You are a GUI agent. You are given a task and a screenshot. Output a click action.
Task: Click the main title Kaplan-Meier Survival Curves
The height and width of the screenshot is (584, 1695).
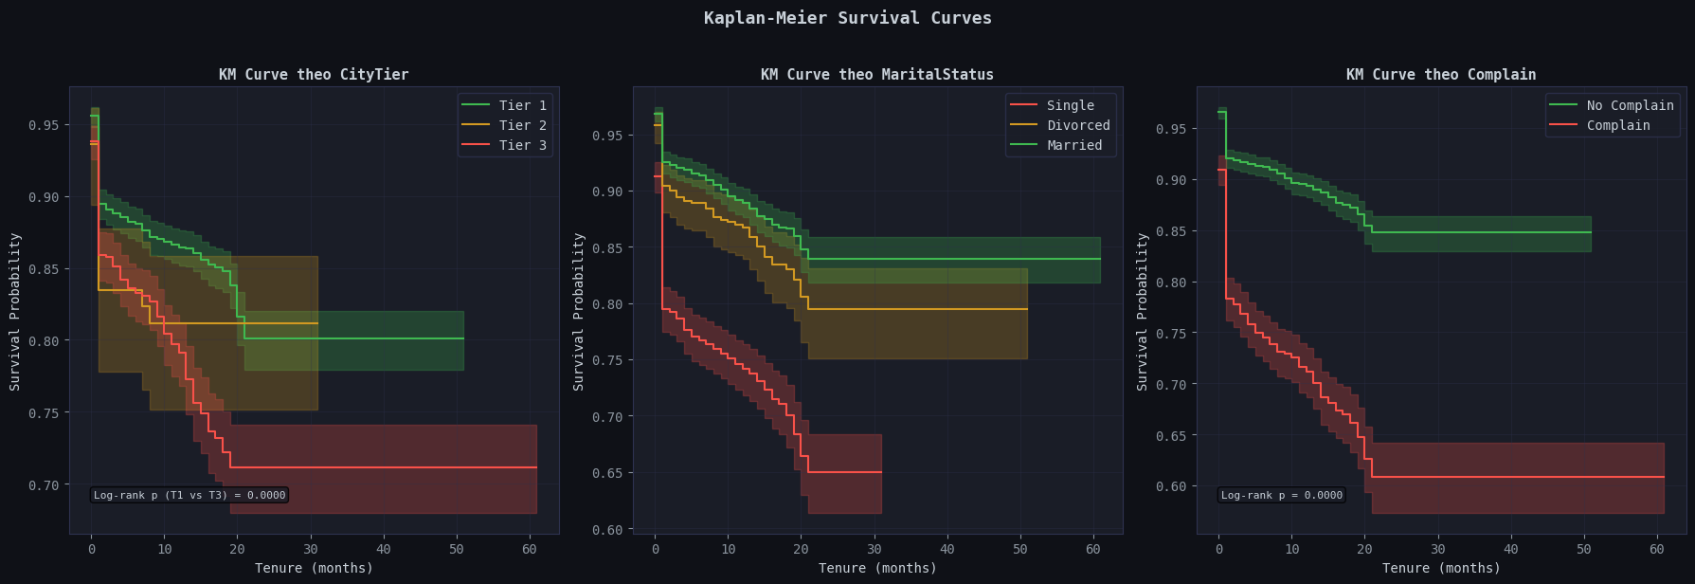pyautogui.click(x=847, y=18)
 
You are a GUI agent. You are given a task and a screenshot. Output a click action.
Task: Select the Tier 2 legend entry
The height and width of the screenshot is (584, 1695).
pyautogui.click(x=522, y=125)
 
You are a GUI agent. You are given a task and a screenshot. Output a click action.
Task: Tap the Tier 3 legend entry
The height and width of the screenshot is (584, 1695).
pyautogui.click(x=522, y=145)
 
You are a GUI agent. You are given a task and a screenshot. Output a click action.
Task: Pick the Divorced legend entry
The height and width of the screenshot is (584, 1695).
pyautogui.click(x=1078, y=125)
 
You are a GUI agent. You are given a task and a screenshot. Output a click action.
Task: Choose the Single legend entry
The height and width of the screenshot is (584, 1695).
pyautogui.click(x=1070, y=105)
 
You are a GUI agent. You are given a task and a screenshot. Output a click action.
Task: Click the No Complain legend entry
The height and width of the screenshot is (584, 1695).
pyautogui.click(x=1630, y=105)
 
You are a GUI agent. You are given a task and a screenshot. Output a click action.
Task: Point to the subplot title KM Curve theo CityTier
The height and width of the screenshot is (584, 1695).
pyautogui.click(x=314, y=75)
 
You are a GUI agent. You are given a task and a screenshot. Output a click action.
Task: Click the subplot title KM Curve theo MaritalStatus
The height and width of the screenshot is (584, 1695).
pyautogui.click(x=877, y=75)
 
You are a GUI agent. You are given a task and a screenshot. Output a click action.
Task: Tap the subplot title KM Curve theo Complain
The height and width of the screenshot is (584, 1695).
pyautogui.click(x=1441, y=75)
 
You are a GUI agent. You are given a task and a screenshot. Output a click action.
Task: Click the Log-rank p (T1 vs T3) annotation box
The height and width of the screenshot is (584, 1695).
pyautogui.click(x=189, y=495)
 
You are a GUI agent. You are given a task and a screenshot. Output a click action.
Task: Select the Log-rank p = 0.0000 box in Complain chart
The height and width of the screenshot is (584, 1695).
pyautogui.click(x=1281, y=495)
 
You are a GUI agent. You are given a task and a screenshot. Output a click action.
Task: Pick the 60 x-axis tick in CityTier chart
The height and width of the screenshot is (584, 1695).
pyautogui.click(x=531, y=549)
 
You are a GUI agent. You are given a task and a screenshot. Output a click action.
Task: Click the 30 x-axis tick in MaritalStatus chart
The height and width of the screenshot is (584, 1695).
pyautogui.click(x=875, y=549)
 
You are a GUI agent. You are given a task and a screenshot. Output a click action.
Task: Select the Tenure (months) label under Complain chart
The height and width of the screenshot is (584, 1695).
pyautogui.click(x=1441, y=568)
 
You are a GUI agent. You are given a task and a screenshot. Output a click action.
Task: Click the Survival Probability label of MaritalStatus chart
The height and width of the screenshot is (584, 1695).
pyautogui.click(x=579, y=311)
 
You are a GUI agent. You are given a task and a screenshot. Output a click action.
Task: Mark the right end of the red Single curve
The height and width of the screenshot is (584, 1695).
pyautogui.click(x=881, y=472)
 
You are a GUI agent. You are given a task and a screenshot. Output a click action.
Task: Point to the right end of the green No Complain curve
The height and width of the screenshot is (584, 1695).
pyautogui.click(x=1591, y=232)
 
